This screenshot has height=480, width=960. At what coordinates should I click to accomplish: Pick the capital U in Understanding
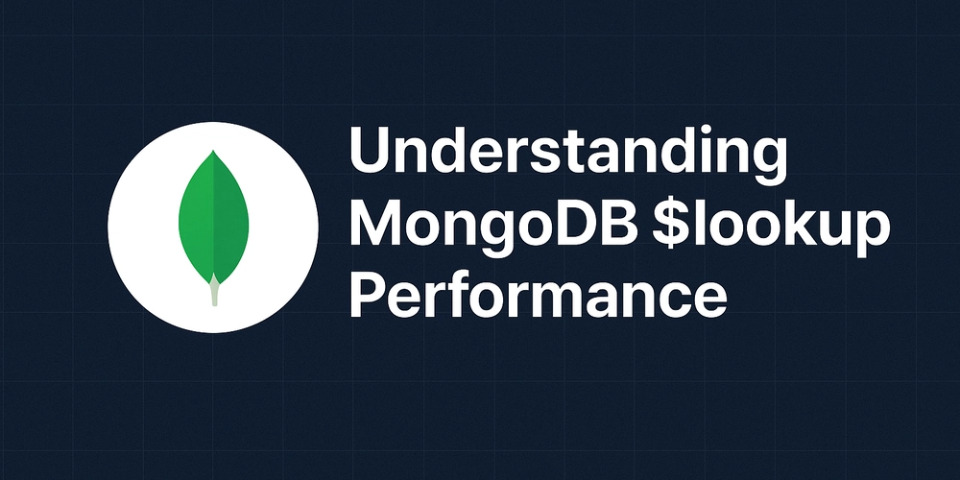[x=370, y=150]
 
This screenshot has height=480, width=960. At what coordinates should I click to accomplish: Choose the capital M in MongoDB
[x=375, y=223]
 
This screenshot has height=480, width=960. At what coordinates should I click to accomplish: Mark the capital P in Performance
[x=369, y=296]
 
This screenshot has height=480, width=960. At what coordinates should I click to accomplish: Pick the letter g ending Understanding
[x=768, y=159]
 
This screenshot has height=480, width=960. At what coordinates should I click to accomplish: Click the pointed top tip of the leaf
[x=213, y=151]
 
